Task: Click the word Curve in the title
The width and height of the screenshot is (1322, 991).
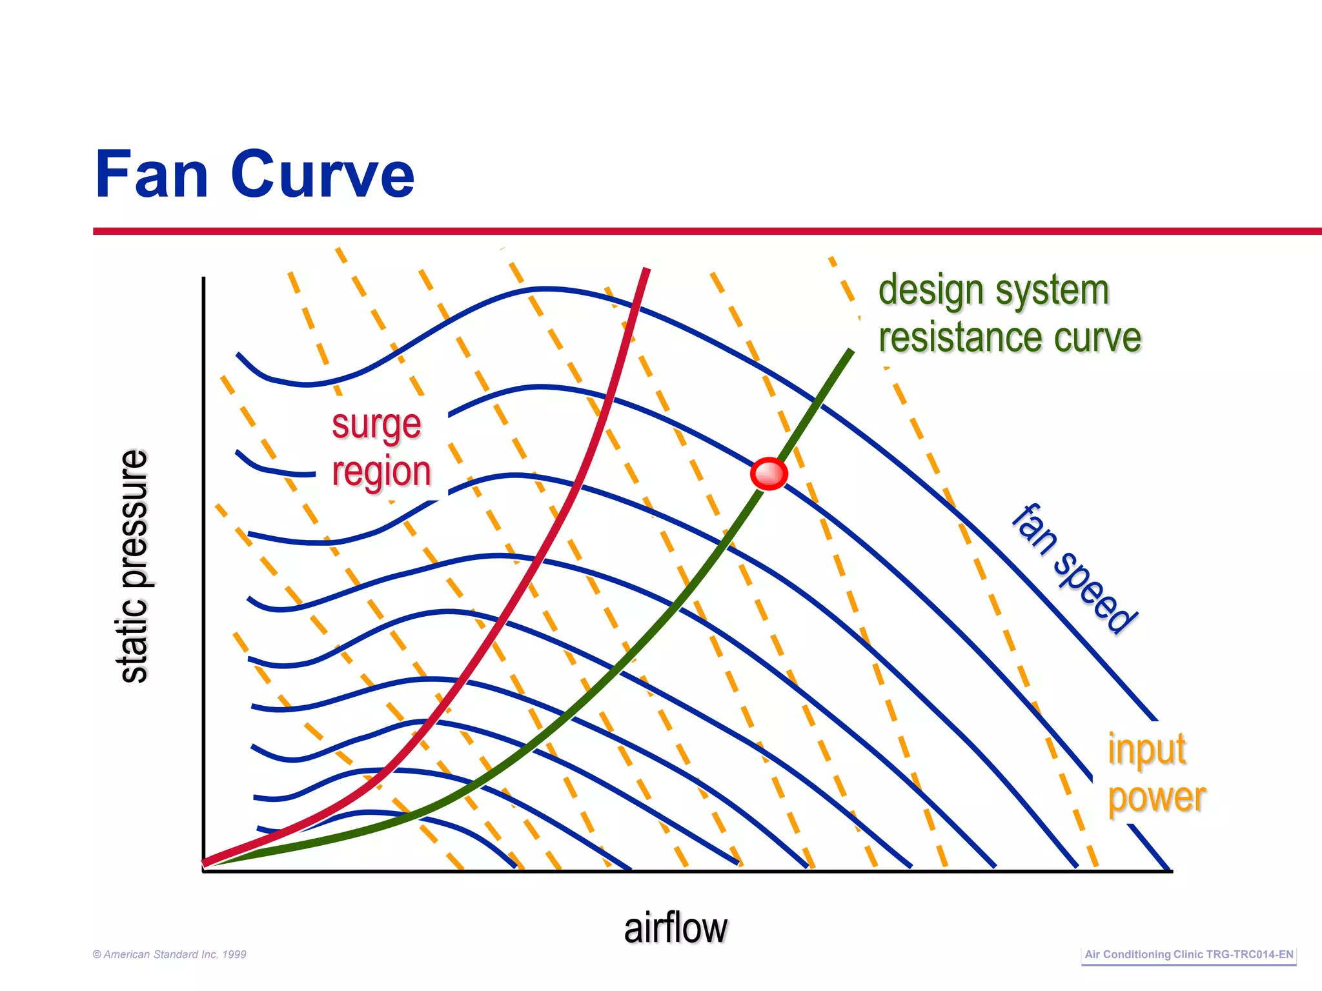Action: (x=323, y=174)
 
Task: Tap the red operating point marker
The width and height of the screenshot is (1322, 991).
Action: (x=769, y=474)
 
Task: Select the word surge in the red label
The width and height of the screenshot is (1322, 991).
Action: (x=376, y=426)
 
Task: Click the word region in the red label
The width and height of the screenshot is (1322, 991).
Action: (x=381, y=472)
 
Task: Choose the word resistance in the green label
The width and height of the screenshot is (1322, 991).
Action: (x=961, y=337)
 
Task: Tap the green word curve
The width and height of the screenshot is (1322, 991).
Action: (x=1097, y=337)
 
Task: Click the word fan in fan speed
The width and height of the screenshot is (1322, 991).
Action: (x=1035, y=529)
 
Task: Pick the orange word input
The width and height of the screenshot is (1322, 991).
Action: (x=1147, y=750)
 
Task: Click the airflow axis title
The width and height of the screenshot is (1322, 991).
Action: (x=675, y=928)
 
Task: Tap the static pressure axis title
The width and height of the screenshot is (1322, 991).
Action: (x=134, y=566)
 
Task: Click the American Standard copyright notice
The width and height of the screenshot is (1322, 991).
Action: (x=170, y=954)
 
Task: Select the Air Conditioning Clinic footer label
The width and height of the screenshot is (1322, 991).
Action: (x=1188, y=954)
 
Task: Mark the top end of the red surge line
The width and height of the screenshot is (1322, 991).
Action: (x=647, y=269)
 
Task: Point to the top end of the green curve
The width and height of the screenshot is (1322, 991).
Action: (x=851, y=351)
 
